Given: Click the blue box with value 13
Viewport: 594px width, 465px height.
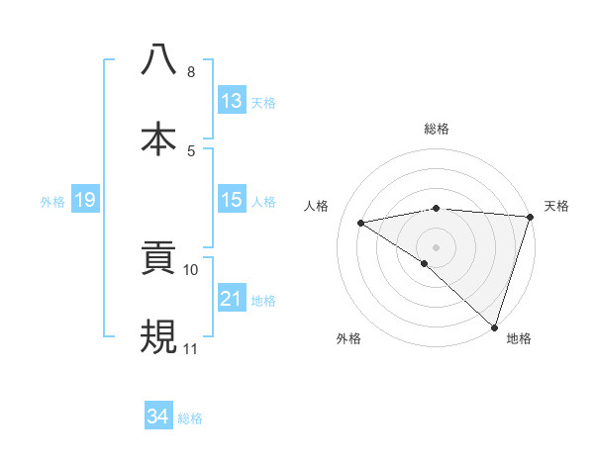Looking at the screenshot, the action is (x=232, y=101).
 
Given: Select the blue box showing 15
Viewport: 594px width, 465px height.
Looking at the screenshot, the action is (x=232, y=200).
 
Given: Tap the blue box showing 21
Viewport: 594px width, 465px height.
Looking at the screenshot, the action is (x=232, y=299).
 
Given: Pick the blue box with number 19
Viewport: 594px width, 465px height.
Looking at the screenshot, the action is (x=85, y=200).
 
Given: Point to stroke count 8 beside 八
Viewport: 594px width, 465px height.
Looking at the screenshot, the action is (x=191, y=72).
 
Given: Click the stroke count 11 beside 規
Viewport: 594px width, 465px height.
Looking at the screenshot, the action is (x=191, y=349).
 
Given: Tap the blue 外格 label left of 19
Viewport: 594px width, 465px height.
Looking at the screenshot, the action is (x=52, y=201).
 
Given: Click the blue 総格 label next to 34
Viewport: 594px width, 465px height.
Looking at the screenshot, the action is (x=190, y=418).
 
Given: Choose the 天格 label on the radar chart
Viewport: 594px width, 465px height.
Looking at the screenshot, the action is (x=557, y=206).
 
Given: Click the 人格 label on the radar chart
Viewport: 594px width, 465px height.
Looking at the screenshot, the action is (x=317, y=206).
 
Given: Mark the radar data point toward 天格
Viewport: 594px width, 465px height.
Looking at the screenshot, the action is (x=531, y=217).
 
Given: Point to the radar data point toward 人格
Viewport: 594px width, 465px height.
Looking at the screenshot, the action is (x=361, y=223).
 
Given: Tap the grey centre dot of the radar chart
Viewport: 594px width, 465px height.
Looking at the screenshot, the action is (x=436, y=246).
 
